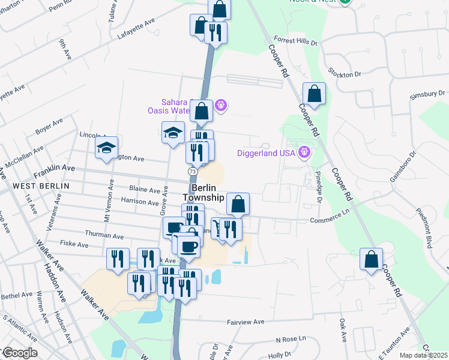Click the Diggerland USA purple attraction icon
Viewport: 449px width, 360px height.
[x=304, y=152]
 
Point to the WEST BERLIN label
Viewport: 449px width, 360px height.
[x=40, y=186]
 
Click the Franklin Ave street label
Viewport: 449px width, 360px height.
[x=54, y=171]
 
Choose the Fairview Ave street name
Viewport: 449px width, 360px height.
[x=246, y=322]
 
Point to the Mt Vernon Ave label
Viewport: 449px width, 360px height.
[x=110, y=199]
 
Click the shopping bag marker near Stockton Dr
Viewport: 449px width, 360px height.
[x=314, y=94]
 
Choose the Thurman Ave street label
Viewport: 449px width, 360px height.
[x=104, y=235]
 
